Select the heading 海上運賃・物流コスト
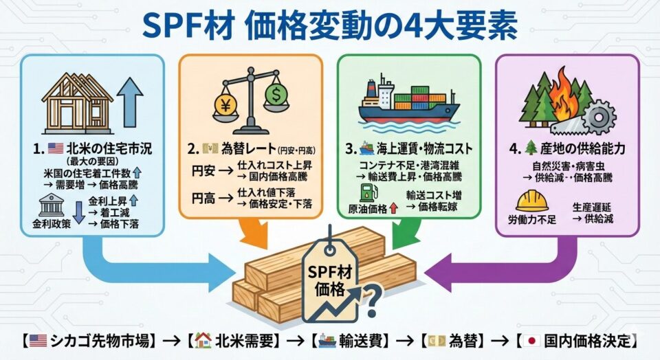(419, 147)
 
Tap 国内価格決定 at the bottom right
(591, 340)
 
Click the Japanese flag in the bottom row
(530, 340)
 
